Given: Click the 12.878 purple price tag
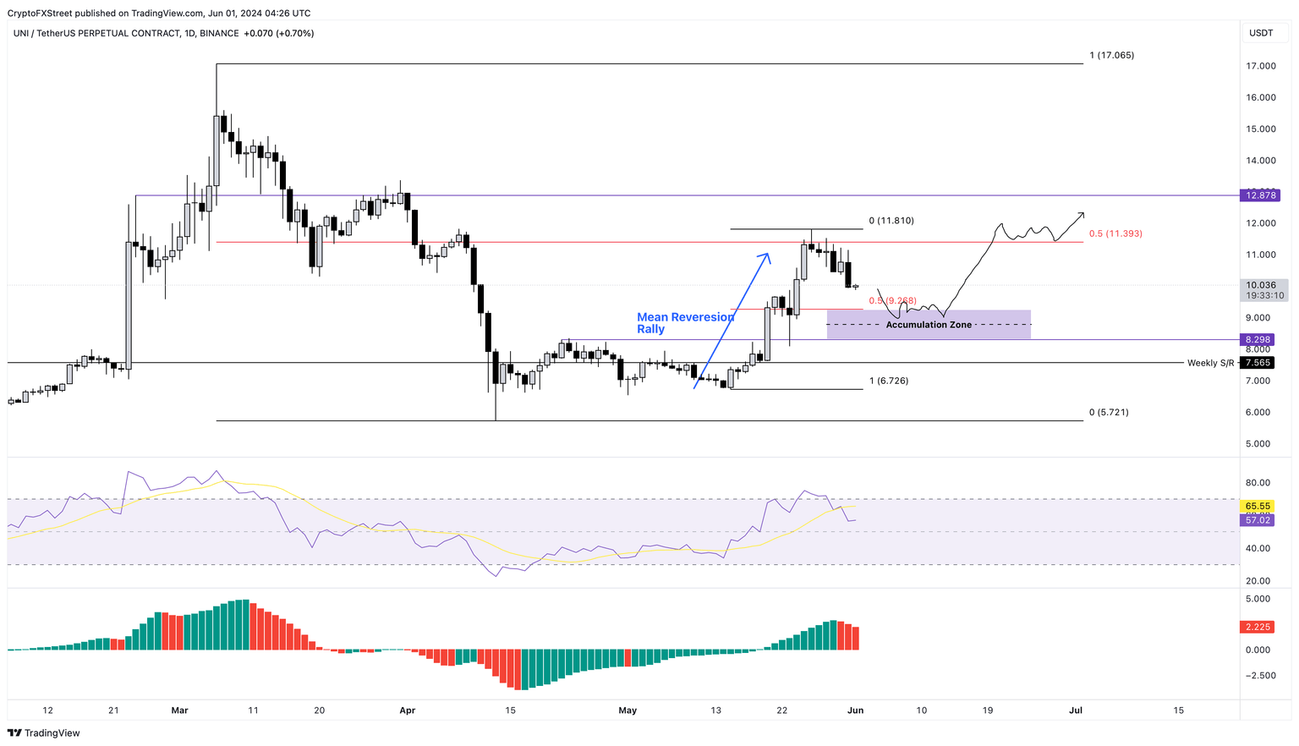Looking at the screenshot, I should point(1260,195).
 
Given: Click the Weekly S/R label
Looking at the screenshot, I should point(1210,363).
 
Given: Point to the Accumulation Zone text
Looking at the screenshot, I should point(928,325).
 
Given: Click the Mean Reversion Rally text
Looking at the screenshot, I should point(685,323).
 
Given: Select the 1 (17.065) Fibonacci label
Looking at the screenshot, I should point(1111,55).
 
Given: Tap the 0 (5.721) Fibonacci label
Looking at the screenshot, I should point(1108,412).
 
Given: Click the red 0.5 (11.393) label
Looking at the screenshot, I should point(1115,233).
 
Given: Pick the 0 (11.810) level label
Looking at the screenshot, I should point(891,221).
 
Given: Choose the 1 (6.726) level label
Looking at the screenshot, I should point(889,381).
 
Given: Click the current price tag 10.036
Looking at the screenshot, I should point(1260,285).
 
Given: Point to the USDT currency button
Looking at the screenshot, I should point(1261,33).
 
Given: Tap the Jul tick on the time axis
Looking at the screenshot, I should point(1076,710).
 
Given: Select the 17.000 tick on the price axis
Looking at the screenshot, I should point(1261,66).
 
